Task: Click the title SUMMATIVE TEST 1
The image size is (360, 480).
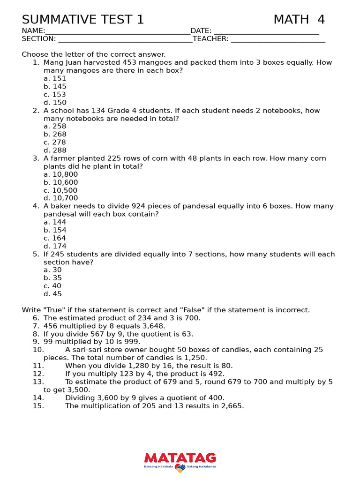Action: pyautogui.click(x=83, y=20)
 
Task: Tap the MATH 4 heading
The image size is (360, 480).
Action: pyautogui.click(x=299, y=20)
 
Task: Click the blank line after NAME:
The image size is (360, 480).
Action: pyautogui.click(x=118, y=31)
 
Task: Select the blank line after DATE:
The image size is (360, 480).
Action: pyautogui.click(x=266, y=31)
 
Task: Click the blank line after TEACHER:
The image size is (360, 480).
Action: pyautogui.click(x=278, y=39)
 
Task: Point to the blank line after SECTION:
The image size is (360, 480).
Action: pyautogui.click(x=125, y=39)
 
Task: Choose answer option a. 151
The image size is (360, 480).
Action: pyautogui.click(x=55, y=79)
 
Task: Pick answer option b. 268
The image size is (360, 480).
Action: pyautogui.click(x=55, y=135)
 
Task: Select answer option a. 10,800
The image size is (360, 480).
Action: pyautogui.click(x=61, y=174)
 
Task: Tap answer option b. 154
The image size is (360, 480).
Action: pyautogui.click(x=55, y=230)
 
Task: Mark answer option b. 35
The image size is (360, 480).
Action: pyautogui.click(x=52, y=278)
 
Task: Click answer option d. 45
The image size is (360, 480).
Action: pyautogui.click(x=52, y=294)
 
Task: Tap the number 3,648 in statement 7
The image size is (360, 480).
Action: pyautogui.click(x=151, y=326)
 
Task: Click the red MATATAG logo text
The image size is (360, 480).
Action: pyautogui.click(x=180, y=457)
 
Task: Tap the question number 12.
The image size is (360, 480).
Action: pyautogui.click(x=38, y=374)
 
